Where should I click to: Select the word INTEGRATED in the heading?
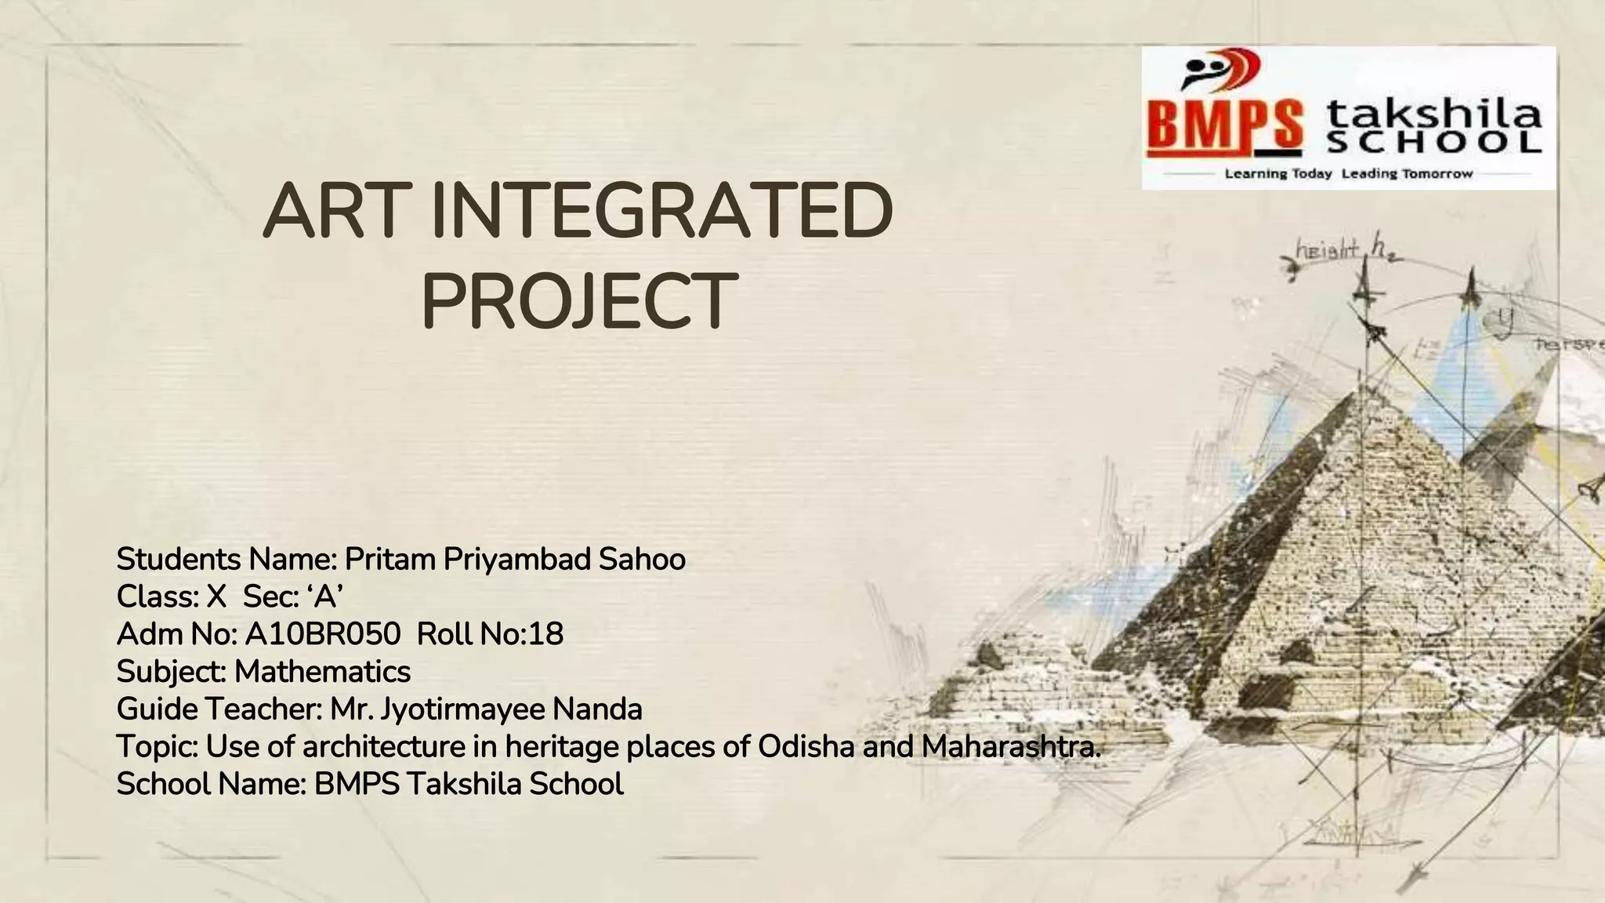(x=661, y=212)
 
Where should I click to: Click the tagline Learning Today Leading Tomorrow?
(x=1349, y=173)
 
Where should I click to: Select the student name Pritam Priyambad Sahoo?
(x=515, y=560)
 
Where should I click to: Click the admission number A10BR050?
(x=322, y=634)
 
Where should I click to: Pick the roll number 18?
(x=545, y=634)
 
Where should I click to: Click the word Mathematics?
(x=322, y=672)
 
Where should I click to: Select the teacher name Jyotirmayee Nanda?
(x=511, y=709)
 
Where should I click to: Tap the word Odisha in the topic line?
(x=806, y=746)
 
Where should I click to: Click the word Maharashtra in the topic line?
(x=1010, y=746)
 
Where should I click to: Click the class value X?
(x=216, y=597)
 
